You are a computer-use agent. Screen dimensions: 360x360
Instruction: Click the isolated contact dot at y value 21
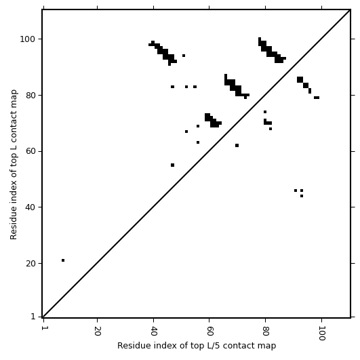coord(63,260)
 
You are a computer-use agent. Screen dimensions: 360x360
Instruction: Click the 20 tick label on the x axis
coord(98,331)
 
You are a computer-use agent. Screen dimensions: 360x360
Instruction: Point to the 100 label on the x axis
coord(322,333)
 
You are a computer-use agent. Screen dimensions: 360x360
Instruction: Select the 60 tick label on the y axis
coord(31,151)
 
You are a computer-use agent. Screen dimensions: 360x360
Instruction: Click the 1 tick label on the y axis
coord(33,317)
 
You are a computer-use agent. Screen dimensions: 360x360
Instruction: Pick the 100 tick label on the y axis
coord(28,39)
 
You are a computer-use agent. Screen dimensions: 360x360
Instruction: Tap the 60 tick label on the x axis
coord(209,331)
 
